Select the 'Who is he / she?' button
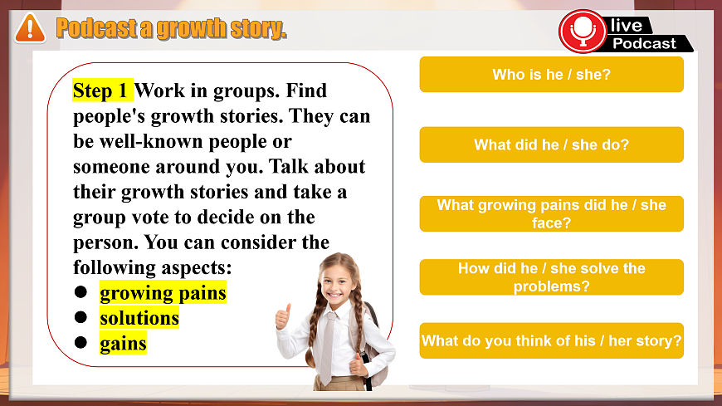pyautogui.click(x=551, y=75)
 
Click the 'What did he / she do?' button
pyautogui.click(x=551, y=144)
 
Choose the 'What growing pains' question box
pyautogui.click(x=551, y=214)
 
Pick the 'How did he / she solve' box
pyautogui.click(x=551, y=277)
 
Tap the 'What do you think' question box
pyautogui.click(x=551, y=340)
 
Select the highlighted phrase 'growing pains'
pyautogui.click(x=163, y=293)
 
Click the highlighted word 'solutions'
pyautogui.click(x=139, y=318)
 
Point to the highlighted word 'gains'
pyautogui.click(x=123, y=343)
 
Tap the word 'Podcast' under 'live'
pyautogui.click(x=645, y=43)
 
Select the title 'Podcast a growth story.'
pyautogui.click(x=171, y=28)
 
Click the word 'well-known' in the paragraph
pyautogui.click(x=150, y=141)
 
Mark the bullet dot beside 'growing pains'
pyautogui.click(x=80, y=293)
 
